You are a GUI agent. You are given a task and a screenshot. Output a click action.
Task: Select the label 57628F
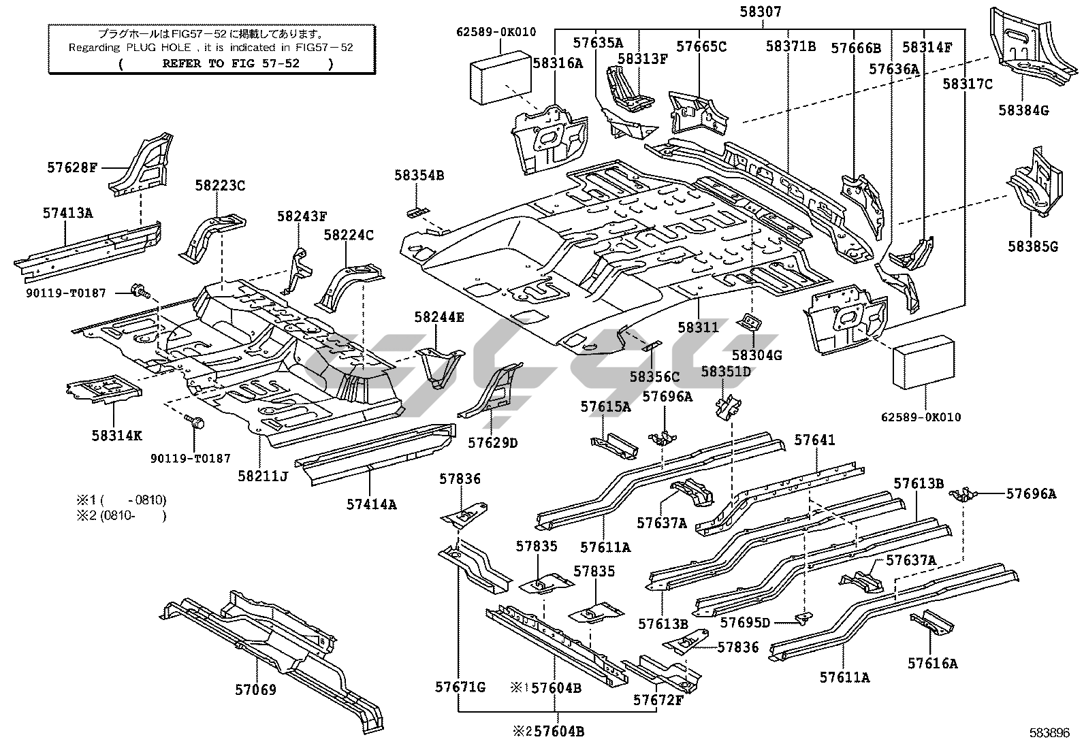(x=73, y=167)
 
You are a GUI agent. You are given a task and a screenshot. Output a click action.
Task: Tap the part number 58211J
(x=263, y=476)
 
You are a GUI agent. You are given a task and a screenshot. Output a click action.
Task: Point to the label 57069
(x=256, y=690)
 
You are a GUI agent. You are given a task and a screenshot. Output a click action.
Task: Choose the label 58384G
(x=1023, y=110)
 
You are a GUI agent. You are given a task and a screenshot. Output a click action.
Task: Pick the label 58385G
(x=1033, y=246)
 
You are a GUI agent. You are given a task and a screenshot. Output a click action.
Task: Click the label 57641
(x=814, y=440)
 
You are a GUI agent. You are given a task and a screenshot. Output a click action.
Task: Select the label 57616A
(x=932, y=662)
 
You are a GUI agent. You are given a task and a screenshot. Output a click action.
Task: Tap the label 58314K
(x=117, y=435)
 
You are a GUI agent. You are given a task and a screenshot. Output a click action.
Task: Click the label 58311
(x=698, y=327)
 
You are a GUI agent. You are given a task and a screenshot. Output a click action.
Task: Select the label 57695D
(x=745, y=622)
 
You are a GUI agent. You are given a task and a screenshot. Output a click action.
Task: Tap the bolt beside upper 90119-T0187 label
(x=142, y=292)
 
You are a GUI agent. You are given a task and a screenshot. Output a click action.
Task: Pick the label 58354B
(x=419, y=176)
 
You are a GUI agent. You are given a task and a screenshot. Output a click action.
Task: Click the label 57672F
(x=658, y=700)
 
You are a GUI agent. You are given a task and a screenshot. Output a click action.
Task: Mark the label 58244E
(x=439, y=316)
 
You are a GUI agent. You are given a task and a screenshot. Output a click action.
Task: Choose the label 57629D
(x=493, y=443)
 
